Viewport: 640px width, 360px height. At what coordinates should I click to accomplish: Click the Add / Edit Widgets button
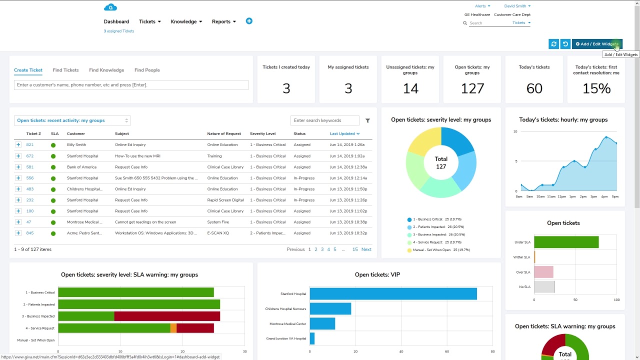coord(597,44)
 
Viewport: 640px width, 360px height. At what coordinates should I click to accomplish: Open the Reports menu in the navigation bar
coord(223,21)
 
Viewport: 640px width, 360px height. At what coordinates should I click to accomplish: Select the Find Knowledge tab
coord(106,70)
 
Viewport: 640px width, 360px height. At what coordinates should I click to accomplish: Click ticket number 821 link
coord(30,144)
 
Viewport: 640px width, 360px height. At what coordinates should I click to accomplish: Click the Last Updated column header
coord(344,133)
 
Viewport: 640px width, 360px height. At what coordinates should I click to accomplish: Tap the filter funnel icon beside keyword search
coord(367,120)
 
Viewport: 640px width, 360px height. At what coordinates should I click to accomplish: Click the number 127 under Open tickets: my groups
coord(472,88)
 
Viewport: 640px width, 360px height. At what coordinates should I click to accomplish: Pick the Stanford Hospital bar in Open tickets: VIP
coord(393,294)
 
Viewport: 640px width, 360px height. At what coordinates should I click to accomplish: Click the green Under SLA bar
coord(566,242)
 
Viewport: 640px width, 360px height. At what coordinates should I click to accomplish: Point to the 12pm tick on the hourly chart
coord(561,196)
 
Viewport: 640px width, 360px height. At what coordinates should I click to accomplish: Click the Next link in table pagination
coord(366,249)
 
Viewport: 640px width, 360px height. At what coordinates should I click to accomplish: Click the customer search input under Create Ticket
coord(131,85)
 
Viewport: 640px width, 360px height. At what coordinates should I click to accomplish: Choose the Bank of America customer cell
coord(81,167)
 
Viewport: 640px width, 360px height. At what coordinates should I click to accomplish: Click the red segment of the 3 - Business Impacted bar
coord(167,316)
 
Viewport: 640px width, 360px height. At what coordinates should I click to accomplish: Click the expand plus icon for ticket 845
coord(18,233)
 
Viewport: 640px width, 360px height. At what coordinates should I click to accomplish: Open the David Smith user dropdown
coord(517,6)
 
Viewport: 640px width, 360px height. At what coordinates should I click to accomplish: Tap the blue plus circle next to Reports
coord(249,21)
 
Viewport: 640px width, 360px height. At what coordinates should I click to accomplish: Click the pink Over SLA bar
coord(543,272)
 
